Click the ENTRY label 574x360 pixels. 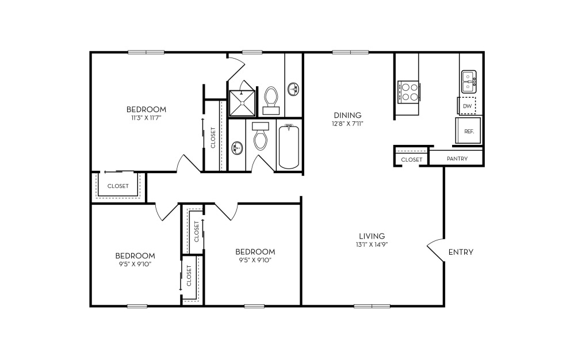click(461, 252)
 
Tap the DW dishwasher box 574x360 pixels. click(468, 106)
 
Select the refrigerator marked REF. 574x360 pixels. click(468, 131)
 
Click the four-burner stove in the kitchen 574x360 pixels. click(408, 91)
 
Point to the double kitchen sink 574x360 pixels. click(469, 82)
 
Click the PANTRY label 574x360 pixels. click(457, 159)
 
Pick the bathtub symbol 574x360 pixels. click(289, 147)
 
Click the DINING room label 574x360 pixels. click(347, 115)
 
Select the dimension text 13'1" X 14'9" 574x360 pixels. click(372, 244)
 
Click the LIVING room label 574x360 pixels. click(372, 236)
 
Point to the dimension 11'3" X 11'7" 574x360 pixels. click(146, 118)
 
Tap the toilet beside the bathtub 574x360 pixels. click(261, 136)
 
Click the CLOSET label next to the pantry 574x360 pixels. click(411, 160)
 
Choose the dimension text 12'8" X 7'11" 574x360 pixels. click(347, 124)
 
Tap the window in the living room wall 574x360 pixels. click(372, 306)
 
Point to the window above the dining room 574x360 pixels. click(350, 52)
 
